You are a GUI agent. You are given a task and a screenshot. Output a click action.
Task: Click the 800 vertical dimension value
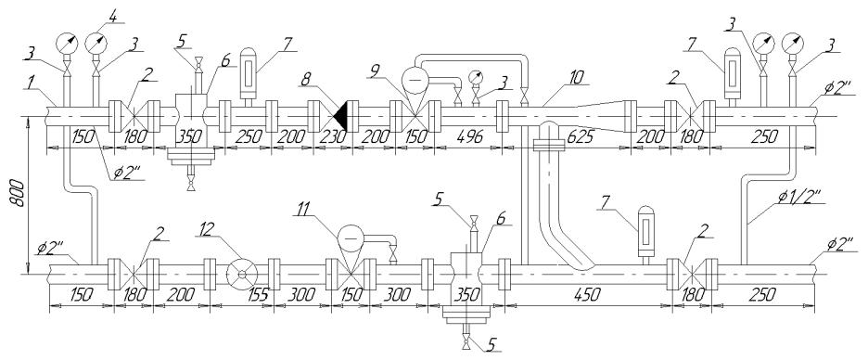[x=18, y=193]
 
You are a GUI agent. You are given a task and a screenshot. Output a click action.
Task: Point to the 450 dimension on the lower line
[x=587, y=295]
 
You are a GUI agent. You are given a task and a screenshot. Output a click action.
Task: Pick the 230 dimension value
[x=332, y=136]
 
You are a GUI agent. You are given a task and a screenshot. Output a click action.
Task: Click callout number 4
[x=112, y=17]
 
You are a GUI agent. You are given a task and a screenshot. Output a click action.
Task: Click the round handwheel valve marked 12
[x=242, y=274]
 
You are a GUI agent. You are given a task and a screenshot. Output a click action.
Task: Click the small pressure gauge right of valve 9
[x=475, y=78]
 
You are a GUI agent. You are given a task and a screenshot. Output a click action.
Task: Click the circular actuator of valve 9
[x=415, y=79]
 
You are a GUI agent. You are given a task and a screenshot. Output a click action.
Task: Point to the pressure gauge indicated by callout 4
[x=96, y=43]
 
